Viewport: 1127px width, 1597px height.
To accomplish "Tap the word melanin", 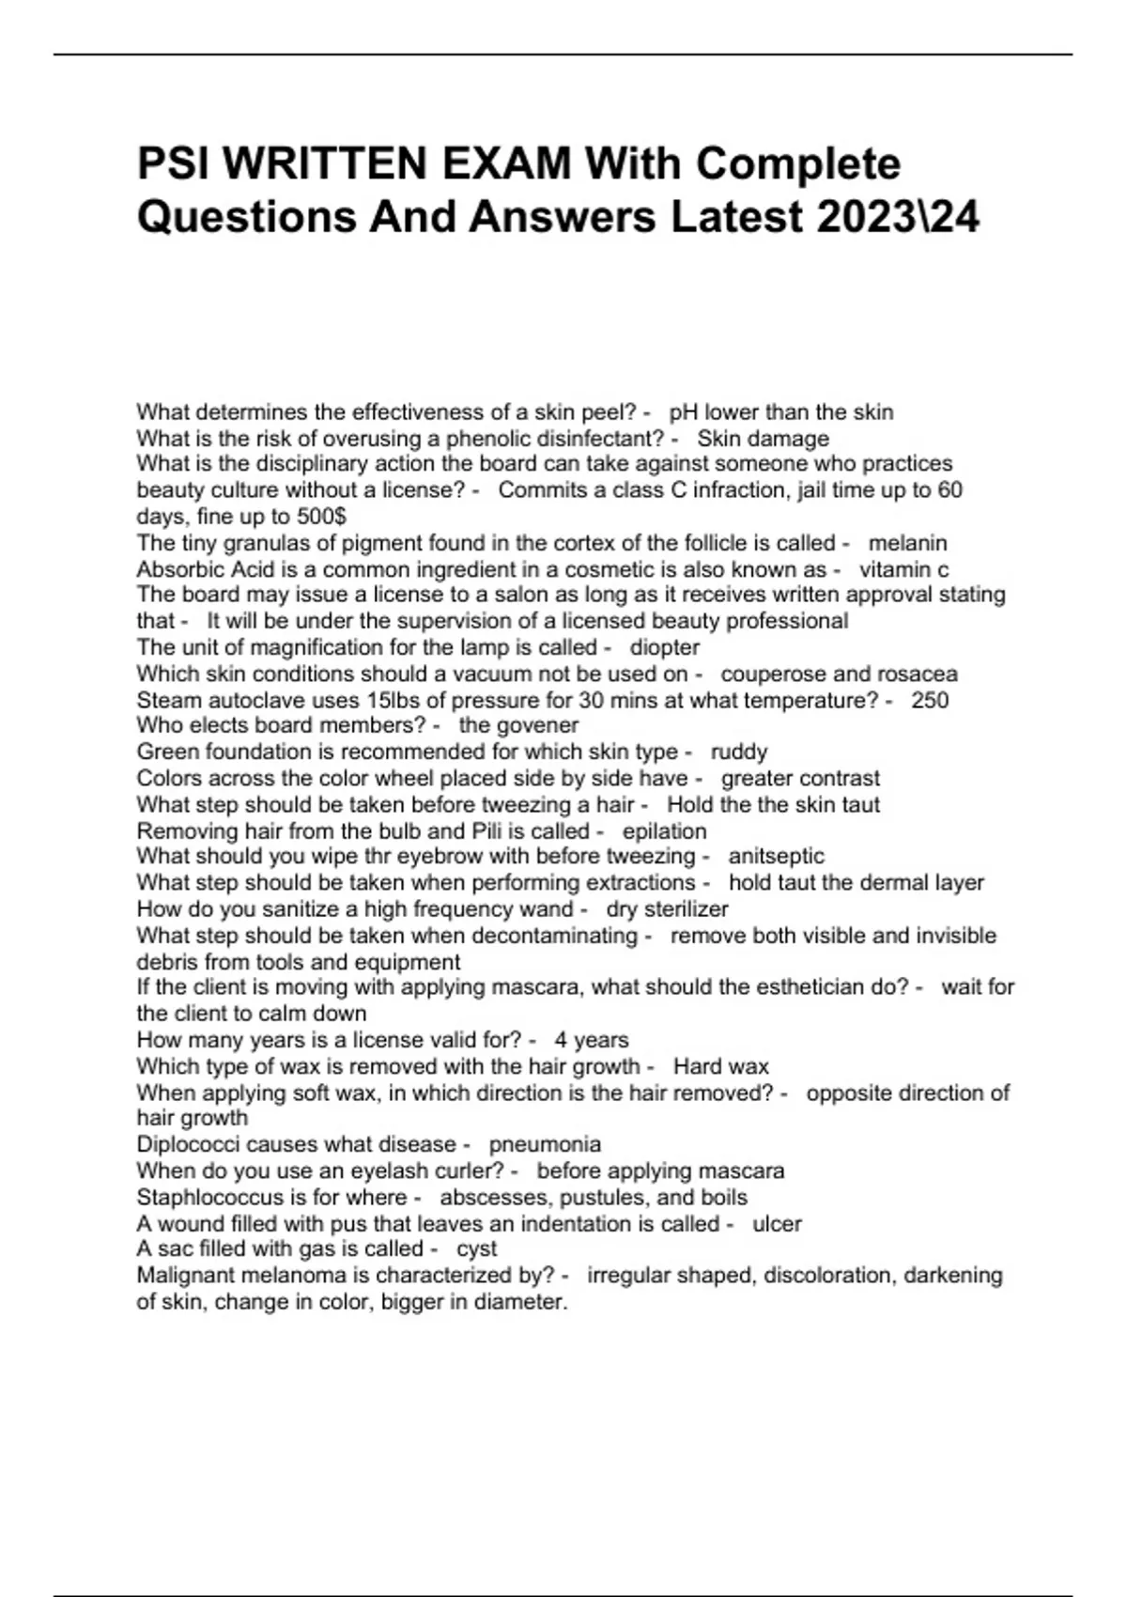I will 907,543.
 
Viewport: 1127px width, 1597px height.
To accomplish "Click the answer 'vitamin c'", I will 903,569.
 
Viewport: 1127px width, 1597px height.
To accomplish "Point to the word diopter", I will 664,647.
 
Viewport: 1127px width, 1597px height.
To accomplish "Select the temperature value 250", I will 930,700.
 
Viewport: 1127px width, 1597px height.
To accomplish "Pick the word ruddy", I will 739,752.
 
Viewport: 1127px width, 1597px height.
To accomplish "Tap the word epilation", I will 664,831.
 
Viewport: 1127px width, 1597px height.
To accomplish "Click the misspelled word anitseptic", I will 776,856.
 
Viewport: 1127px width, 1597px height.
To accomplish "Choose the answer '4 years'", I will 591,1040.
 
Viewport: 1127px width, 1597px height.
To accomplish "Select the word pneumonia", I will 545,1144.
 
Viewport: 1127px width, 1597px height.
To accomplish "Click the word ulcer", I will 777,1224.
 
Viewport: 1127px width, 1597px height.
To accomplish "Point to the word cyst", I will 476,1248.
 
